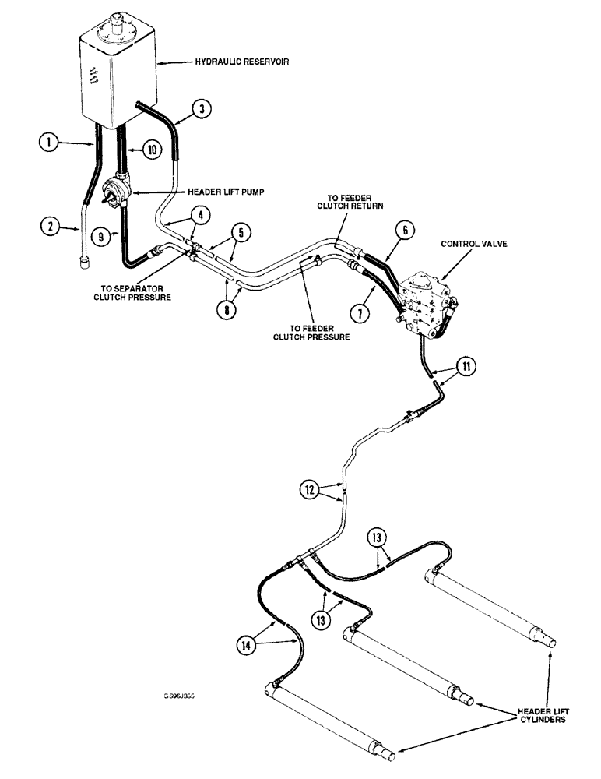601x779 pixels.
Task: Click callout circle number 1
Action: click(x=48, y=143)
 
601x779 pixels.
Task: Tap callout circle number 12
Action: click(x=310, y=490)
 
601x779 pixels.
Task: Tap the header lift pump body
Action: click(x=115, y=192)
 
